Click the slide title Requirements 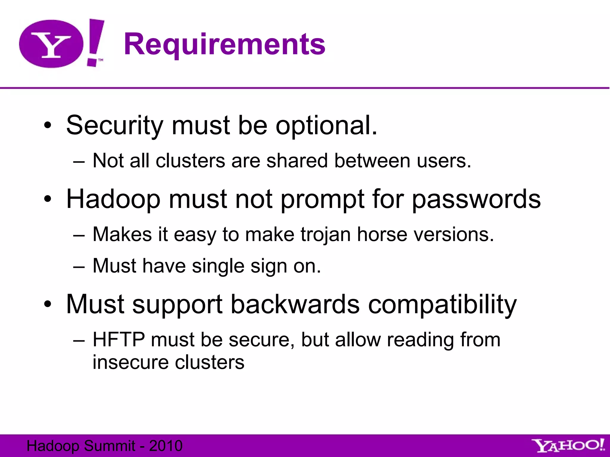(x=225, y=45)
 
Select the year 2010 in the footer (x=166, y=446)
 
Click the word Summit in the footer (x=110, y=446)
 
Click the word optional (x=326, y=126)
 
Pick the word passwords (x=476, y=199)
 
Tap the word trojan (x=326, y=234)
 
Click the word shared (x=297, y=161)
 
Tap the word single (x=218, y=266)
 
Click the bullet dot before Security (x=47, y=126)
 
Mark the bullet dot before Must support (x=47, y=304)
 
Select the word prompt (x=323, y=199)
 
